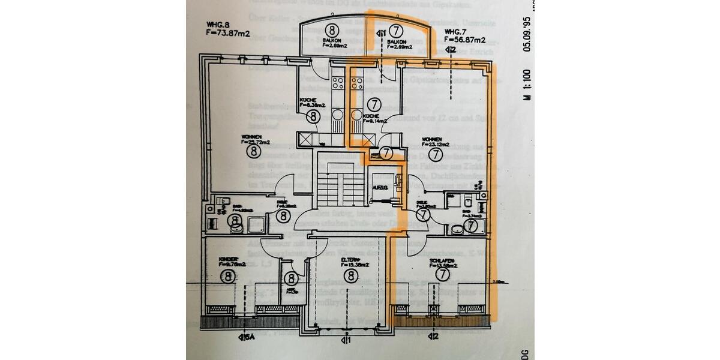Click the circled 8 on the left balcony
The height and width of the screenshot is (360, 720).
pos(331,29)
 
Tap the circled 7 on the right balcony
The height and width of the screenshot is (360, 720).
pos(395,29)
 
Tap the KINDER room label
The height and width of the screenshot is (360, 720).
pos(229,260)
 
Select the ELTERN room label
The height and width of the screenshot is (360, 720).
pos(350,260)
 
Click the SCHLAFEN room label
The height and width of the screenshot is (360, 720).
pos(443,262)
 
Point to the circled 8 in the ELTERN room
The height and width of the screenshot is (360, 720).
pos(350,275)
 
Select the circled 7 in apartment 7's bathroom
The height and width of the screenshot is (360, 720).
pos(472,226)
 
